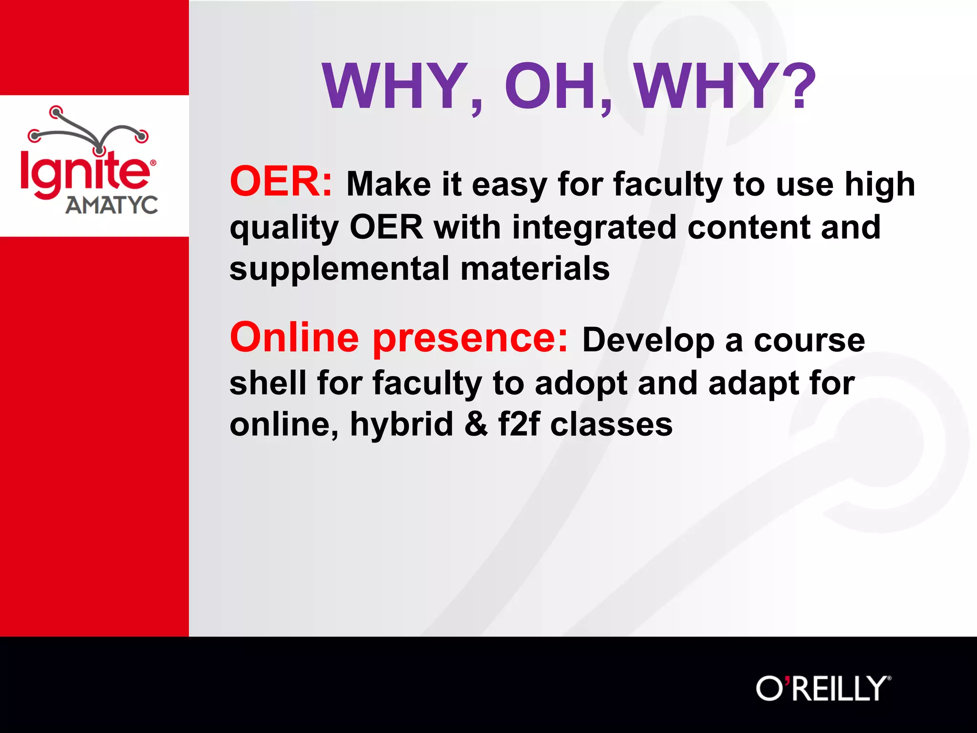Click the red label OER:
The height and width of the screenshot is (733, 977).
coord(281,181)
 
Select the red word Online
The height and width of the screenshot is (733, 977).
coord(294,338)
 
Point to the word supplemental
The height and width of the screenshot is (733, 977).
coord(339,269)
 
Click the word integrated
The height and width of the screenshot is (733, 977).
coord(594,228)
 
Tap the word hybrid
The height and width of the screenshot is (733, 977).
coord(401,424)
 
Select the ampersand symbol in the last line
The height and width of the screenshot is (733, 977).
coord(476,424)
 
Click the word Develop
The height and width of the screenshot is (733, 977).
coord(648,341)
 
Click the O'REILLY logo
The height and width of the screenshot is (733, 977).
coord(823,689)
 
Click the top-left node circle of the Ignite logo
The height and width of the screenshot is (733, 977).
coord(56,113)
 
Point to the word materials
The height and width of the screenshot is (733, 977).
coord(535,269)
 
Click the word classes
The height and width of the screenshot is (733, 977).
coord(611,424)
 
